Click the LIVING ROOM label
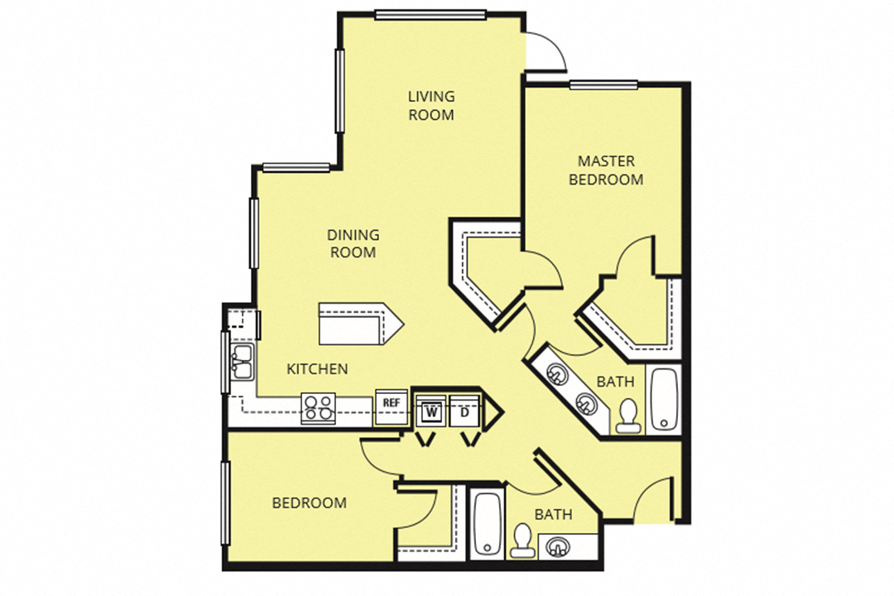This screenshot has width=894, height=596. coord(430,106)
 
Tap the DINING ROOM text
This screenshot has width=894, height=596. coord(353,243)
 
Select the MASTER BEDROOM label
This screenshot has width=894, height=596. coord(606,170)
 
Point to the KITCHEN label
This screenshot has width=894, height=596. coord(317,369)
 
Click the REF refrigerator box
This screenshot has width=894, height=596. coord(391,403)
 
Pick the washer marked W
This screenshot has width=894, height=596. coord(430,410)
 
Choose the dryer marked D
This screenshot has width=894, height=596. coord(465,410)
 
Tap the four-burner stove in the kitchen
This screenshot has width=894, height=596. coord(319,407)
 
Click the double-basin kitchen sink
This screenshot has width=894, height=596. coord(242,362)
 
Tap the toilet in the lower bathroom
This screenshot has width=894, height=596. coord(521,541)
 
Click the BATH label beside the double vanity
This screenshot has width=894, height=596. coord(615,382)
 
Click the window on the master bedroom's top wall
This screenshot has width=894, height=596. coord(603,84)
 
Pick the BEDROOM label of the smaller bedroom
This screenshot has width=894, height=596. coord(310,503)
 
